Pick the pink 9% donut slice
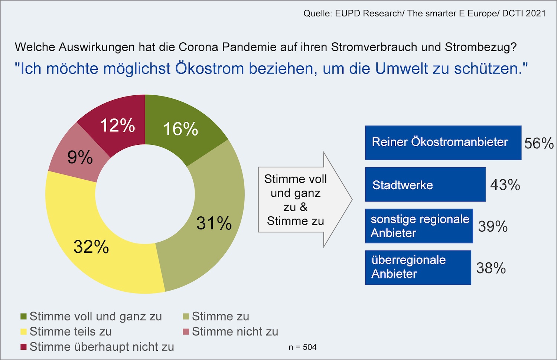80,157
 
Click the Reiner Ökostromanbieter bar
443,143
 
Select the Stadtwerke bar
425,184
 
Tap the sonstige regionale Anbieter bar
419,226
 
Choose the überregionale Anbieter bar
418,268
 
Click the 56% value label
538,143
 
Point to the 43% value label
505,185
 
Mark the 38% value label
491,268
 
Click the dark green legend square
23,317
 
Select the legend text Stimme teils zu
71,331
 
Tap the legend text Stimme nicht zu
235,331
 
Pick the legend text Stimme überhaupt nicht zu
102,347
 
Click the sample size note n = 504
303,347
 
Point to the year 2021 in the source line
536,13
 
